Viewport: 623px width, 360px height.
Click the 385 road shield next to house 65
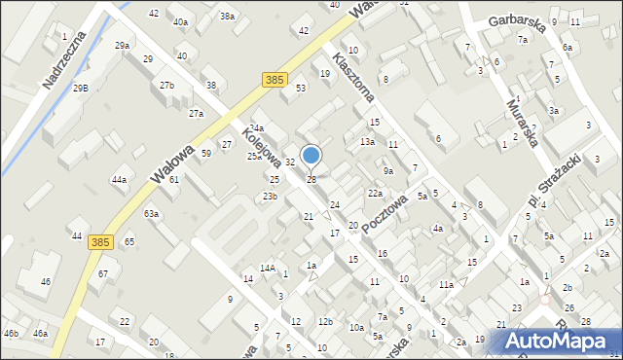pos(100,241)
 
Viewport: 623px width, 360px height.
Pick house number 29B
pos(80,89)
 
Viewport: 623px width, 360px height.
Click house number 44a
pos(119,180)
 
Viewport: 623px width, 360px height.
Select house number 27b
pos(166,86)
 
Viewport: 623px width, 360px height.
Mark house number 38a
pos(227,17)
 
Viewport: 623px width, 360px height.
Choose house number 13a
pos(367,142)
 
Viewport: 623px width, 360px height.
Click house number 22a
pos(374,194)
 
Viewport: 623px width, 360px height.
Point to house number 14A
pos(267,269)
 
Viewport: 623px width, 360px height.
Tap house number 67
pos(103,274)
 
